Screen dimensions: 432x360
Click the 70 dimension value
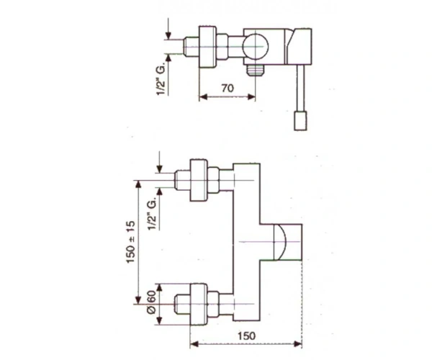pos(228,88)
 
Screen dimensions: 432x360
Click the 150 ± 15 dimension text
pos(132,242)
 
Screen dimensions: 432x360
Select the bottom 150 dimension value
pos(246,336)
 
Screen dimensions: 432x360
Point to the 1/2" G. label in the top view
pos(161,78)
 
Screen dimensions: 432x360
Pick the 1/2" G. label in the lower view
pos(153,213)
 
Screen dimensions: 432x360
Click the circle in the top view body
pos(256,47)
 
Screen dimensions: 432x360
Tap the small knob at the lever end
pos(300,120)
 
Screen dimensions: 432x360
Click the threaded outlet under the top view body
pos(255,70)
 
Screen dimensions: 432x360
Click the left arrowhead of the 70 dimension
pos(203,96)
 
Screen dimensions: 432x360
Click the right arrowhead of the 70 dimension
pos(251,96)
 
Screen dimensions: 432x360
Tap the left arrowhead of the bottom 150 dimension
pos(194,344)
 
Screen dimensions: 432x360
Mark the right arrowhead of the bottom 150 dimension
pos(298,344)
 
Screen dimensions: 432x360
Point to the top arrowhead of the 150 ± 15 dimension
pos(138,184)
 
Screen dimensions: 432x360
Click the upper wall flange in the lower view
pos(199,180)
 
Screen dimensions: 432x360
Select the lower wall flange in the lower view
pos(199,304)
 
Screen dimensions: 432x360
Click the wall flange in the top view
pos(208,47)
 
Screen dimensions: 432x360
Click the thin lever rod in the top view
pos(300,88)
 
